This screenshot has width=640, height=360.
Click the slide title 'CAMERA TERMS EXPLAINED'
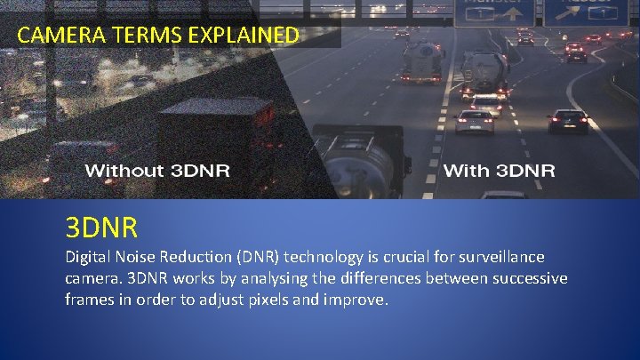pos(158,36)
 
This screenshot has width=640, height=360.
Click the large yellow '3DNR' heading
pos(101,228)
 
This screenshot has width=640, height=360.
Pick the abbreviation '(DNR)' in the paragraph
pos(257,258)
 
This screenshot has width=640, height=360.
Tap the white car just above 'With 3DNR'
pos(475,120)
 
